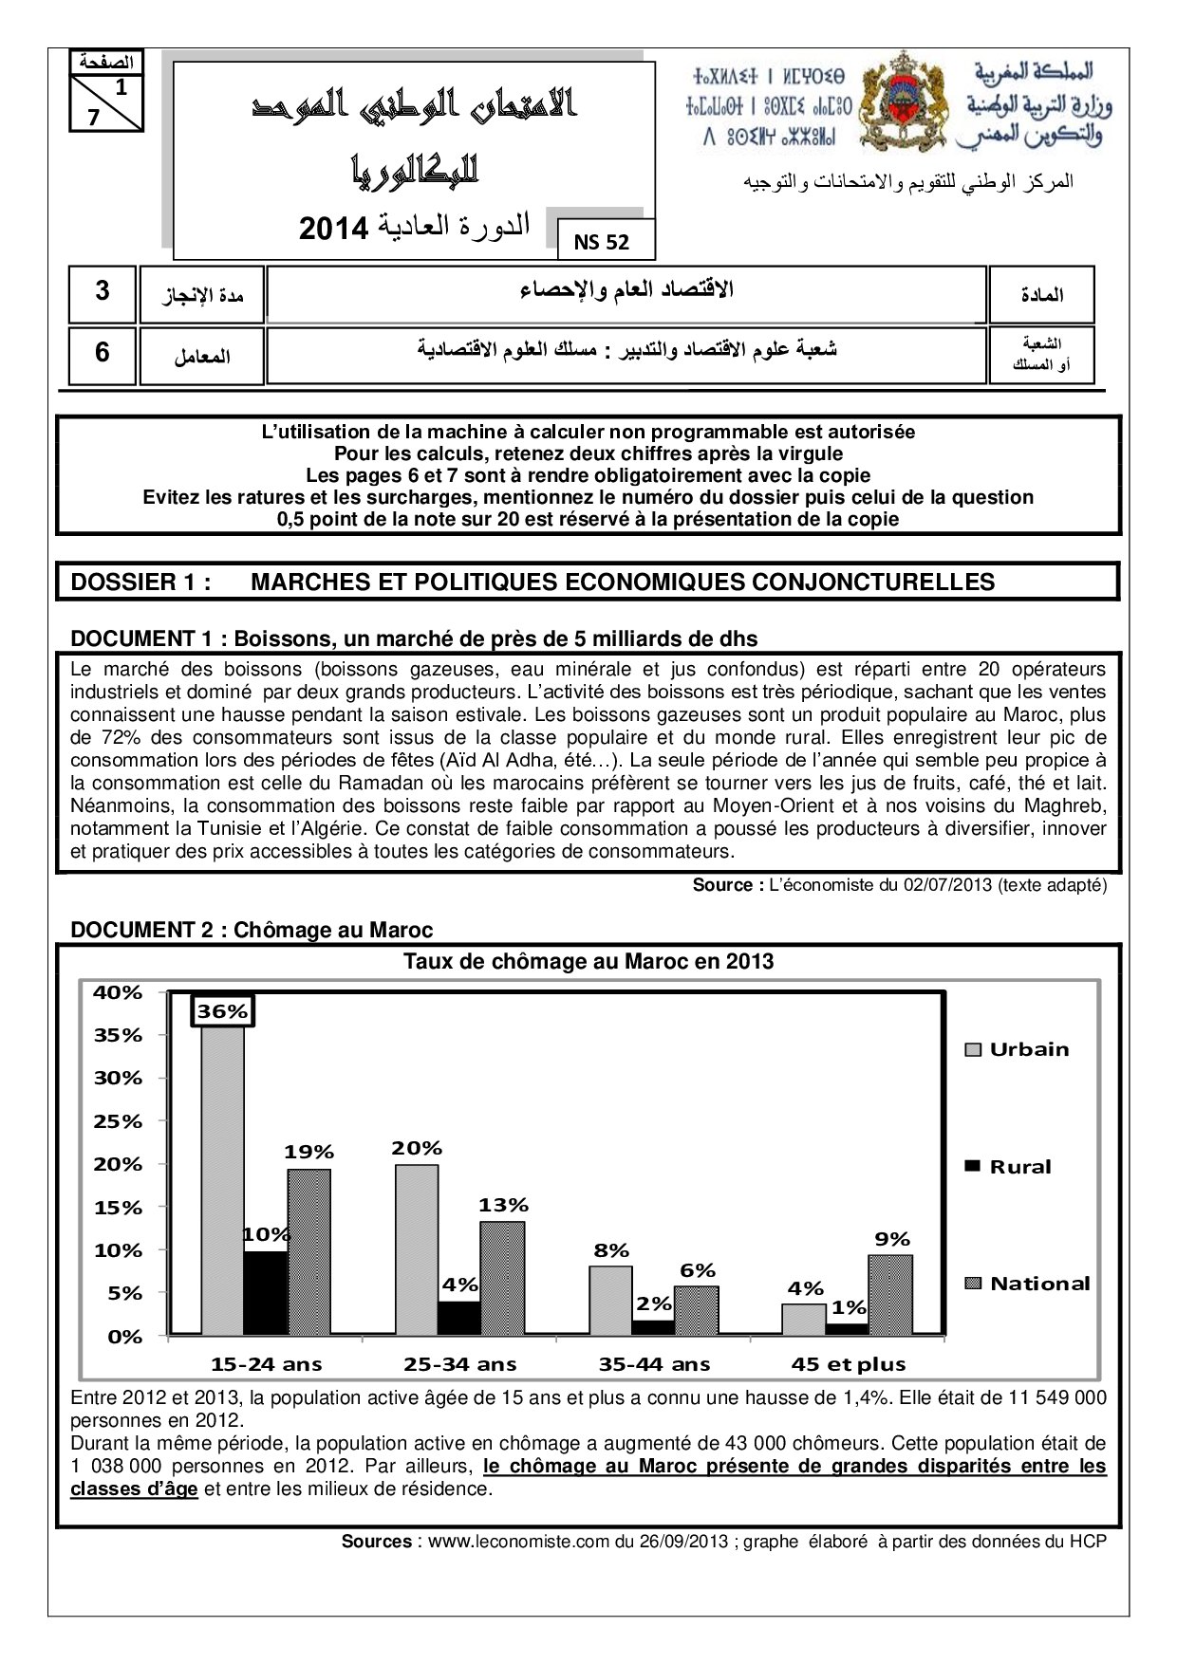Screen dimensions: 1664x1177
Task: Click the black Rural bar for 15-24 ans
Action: (265, 1292)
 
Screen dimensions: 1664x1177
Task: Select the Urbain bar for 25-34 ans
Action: (417, 1248)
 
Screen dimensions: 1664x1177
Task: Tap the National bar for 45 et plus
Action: (890, 1294)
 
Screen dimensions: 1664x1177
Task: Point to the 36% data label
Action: (222, 1011)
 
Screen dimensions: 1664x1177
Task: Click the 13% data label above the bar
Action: (503, 1205)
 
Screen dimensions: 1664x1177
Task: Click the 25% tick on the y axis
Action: (118, 1121)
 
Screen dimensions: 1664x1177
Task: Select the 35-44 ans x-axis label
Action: (654, 1364)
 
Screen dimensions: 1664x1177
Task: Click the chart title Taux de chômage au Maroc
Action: (588, 961)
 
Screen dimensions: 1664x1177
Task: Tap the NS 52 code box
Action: (602, 242)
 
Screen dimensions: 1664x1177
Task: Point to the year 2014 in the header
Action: (333, 229)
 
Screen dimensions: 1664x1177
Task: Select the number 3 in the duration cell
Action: (103, 292)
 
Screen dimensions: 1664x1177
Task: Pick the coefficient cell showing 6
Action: (103, 353)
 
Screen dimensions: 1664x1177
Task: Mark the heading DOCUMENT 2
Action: (145, 930)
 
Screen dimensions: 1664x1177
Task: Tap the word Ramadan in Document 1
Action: (397, 783)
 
